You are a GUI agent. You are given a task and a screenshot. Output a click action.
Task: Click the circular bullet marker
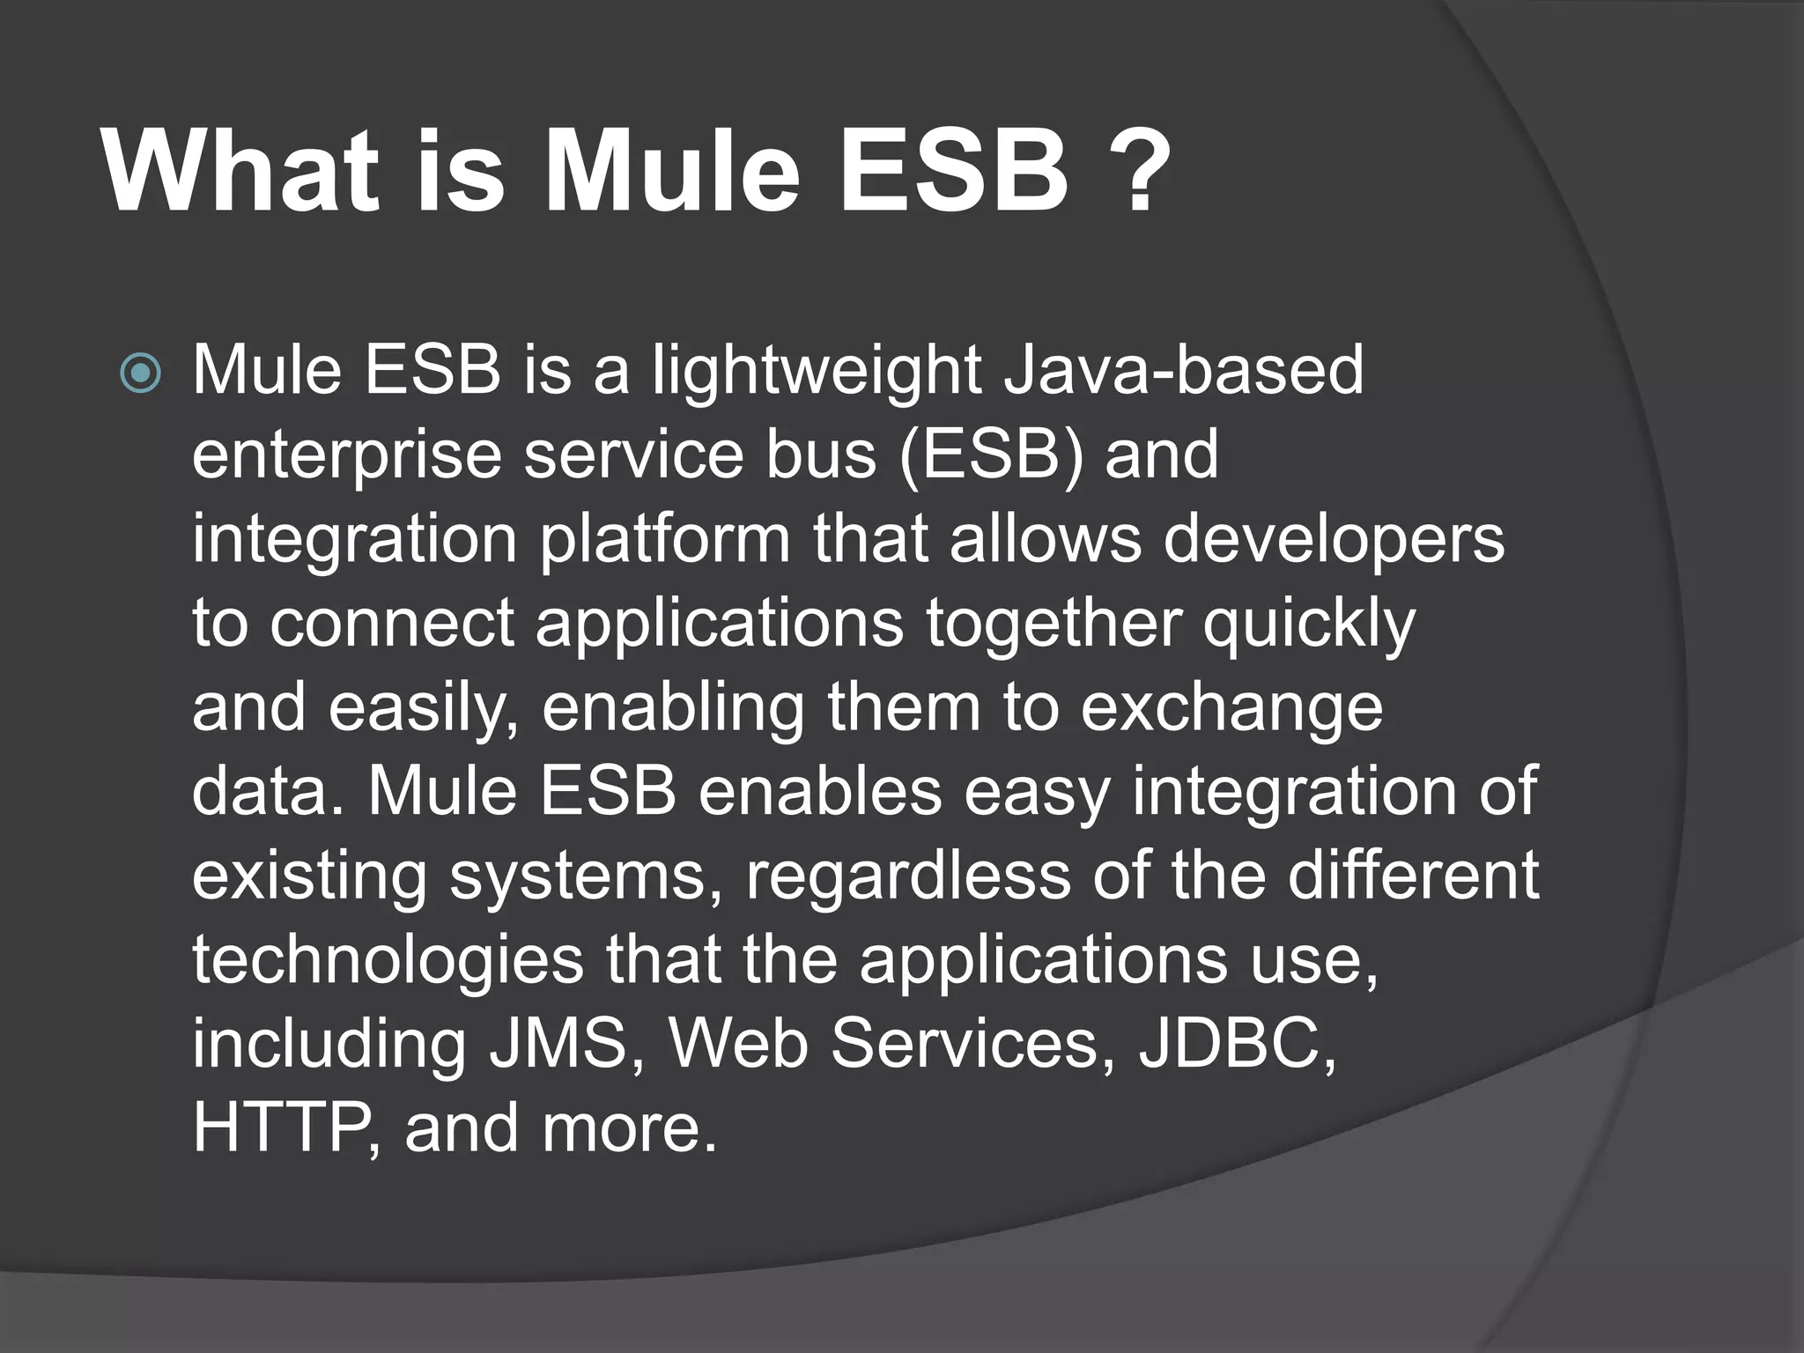click(x=141, y=373)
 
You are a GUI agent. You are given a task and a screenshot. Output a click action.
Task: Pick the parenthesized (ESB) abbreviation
click(x=990, y=455)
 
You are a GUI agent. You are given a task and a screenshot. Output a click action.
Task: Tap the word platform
click(x=665, y=540)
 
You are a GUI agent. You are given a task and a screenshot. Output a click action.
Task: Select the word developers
click(x=1334, y=540)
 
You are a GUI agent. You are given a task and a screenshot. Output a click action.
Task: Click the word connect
click(x=392, y=623)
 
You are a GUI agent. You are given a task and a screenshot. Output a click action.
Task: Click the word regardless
click(x=908, y=877)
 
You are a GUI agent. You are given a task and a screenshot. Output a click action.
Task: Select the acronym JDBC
click(x=1236, y=1044)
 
